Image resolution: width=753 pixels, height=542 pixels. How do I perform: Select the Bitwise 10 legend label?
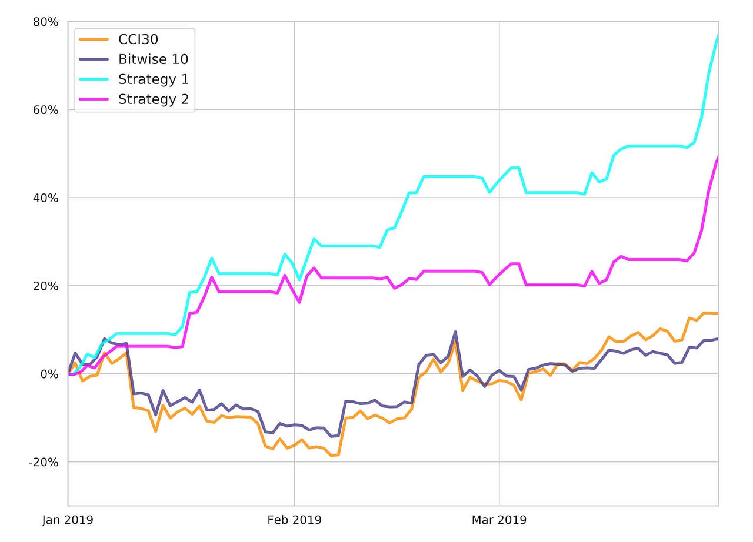(x=153, y=59)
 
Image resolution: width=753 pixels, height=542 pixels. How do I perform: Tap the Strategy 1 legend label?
(x=153, y=79)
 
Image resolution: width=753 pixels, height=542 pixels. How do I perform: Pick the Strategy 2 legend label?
(x=153, y=99)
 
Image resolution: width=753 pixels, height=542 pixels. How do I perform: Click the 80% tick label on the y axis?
(x=45, y=22)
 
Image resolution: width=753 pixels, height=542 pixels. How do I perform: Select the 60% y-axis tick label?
(x=45, y=110)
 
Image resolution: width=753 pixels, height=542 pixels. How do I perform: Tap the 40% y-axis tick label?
(x=45, y=198)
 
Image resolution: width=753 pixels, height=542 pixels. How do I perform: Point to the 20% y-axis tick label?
(x=45, y=286)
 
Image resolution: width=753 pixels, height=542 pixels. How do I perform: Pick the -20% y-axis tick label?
(x=43, y=462)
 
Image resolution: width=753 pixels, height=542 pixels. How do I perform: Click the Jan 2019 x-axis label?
(x=68, y=520)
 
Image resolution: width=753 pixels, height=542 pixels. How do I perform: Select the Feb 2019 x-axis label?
(x=294, y=520)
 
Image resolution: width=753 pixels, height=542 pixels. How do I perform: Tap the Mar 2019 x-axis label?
(x=499, y=520)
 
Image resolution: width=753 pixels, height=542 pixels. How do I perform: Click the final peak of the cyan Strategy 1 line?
(x=718, y=35)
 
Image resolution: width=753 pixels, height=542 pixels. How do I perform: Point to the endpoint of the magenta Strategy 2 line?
(x=718, y=158)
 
